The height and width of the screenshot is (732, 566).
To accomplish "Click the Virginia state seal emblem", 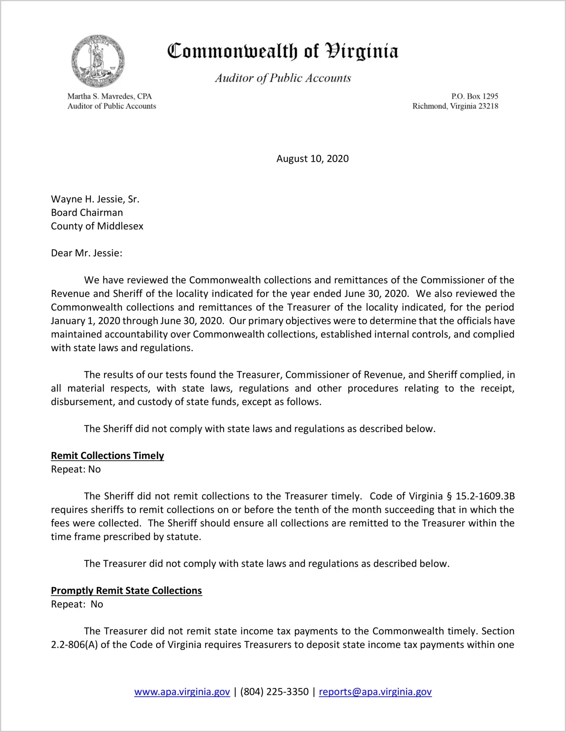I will [98, 61].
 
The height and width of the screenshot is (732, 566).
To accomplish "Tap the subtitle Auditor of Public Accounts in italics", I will [283, 78].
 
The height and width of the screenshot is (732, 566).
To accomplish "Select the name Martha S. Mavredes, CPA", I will [109, 96].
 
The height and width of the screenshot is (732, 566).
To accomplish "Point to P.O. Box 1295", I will [474, 96].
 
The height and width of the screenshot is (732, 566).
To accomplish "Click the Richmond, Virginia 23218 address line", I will [455, 106].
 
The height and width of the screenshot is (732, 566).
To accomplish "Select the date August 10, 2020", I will [312, 158].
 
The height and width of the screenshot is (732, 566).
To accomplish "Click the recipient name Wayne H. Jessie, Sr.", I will [95, 199].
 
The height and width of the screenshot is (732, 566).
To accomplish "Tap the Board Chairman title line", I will [87, 213].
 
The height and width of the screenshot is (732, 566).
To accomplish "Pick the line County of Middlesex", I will [97, 226].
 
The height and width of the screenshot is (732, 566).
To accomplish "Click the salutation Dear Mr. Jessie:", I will [86, 253].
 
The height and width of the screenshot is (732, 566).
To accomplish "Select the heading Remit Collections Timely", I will [107, 456].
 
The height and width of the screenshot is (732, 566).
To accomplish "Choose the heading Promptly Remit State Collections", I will [126, 591].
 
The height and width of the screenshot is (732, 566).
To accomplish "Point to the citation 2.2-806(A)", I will [74, 645].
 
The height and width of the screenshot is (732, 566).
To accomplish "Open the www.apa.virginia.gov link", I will [182, 692].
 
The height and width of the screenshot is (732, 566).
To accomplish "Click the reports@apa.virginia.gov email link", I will [375, 692].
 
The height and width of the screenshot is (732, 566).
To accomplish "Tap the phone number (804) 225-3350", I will [274, 692].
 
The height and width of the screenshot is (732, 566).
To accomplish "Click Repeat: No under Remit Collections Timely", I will [76, 469].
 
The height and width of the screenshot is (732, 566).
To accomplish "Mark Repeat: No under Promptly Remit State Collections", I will [77, 604].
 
